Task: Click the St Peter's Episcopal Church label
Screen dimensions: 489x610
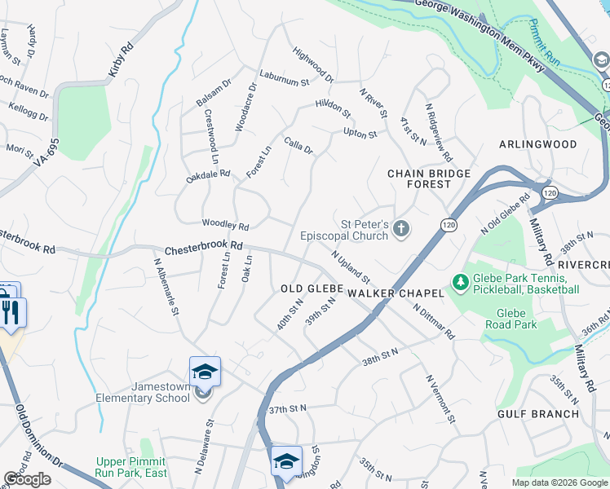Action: (346, 231)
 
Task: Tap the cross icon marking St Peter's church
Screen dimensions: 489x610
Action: (400, 229)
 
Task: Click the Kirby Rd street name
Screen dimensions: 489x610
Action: (122, 62)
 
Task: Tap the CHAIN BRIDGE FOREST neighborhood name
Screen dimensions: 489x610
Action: (429, 178)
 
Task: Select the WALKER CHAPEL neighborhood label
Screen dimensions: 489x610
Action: (395, 293)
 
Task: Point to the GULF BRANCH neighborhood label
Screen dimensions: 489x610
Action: (538, 414)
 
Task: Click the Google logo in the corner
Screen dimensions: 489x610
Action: (27, 479)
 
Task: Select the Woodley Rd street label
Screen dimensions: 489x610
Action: (225, 225)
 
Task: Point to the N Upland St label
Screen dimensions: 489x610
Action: (351, 267)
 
